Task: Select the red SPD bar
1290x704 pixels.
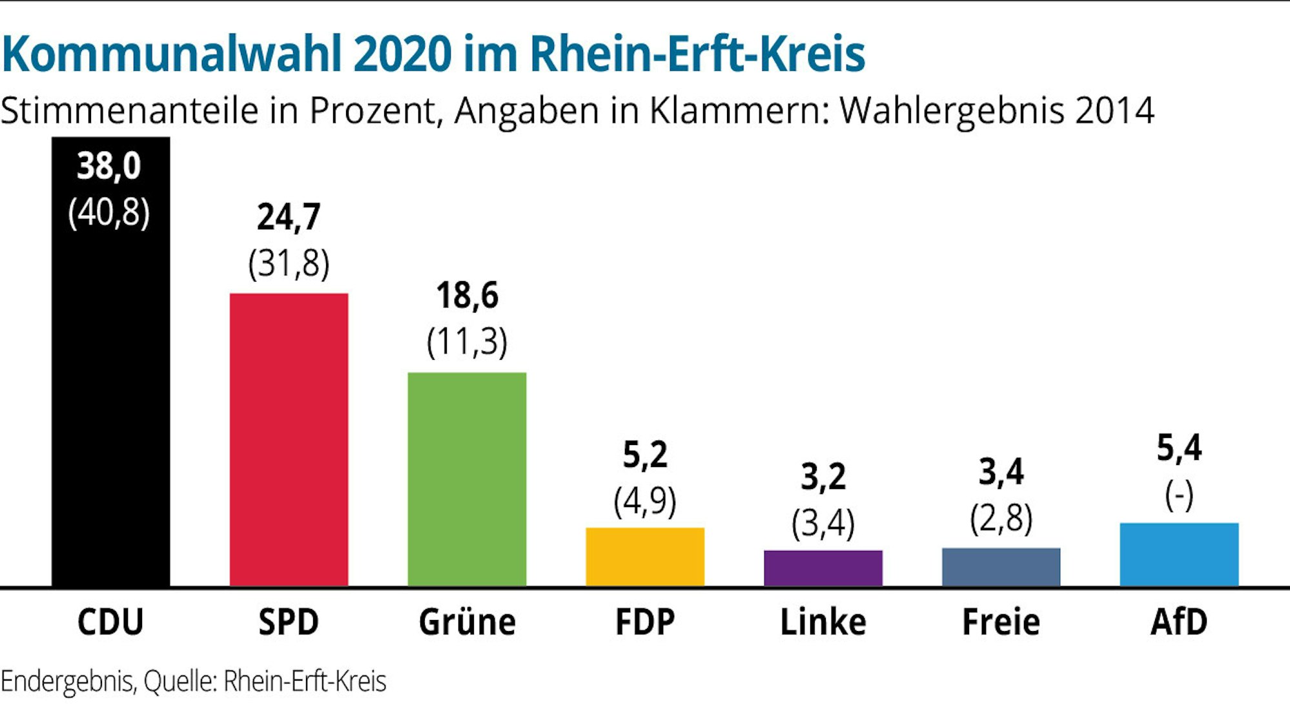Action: (289, 439)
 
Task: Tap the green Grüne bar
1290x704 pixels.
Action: (467, 478)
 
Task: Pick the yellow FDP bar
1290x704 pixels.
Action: (645, 557)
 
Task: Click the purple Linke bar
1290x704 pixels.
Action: (823, 568)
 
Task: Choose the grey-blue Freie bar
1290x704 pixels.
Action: (1001, 566)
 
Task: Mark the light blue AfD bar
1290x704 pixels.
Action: (1179, 554)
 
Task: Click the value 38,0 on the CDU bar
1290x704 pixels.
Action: (109, 166)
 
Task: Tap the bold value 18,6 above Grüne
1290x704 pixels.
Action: (467, 296)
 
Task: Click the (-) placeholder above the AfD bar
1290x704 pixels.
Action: (1179, 496)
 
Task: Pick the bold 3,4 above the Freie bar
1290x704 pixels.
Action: (1001, 471)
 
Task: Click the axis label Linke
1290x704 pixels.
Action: (823, 622)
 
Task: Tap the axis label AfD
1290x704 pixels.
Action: (1179, 622)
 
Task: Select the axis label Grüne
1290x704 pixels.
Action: (467, 622)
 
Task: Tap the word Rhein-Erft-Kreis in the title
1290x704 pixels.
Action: (697, 54)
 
